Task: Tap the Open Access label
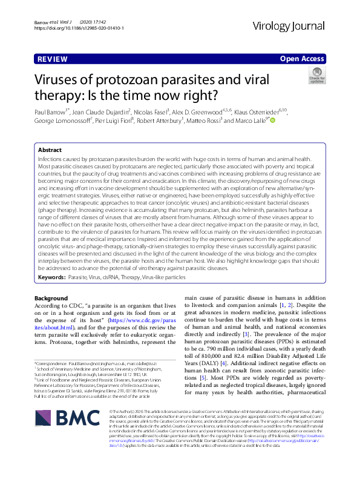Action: pyautogui.click(x=303, y=59)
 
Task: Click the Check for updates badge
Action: pyautogui.click(x=334, y=76)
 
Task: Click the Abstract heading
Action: pyautogui.click(x=50, y=150)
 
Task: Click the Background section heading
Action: pyautogui.click(x=51, y=298)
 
